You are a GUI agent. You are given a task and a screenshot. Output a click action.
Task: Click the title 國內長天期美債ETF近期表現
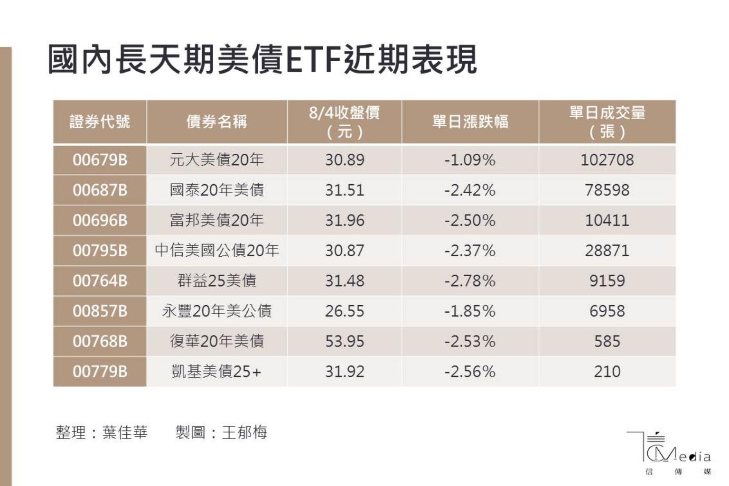pyautogui.click(x=262, y=60)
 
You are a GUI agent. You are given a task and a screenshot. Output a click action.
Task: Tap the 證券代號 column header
pyautogui.click(x=100, y=121)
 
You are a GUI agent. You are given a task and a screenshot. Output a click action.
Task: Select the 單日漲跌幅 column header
pyautogui.click(x=470, y=121)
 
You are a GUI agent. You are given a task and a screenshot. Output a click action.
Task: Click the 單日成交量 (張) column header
pyautogui.click(x=607, y=121)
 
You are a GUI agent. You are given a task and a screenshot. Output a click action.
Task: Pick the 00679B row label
pyautogui.click(x=100, y=159)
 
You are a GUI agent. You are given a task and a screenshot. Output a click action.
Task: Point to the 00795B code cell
pyautogui.click(x=100, y=250)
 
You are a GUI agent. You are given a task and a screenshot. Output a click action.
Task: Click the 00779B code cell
pyautogui.click(x=100, y=371)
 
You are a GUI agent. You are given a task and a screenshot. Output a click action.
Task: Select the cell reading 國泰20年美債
pyautogui.click(x=216, y=190)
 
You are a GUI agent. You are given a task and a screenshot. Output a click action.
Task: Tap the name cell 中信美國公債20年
pyautogui.click(x=216, y=250)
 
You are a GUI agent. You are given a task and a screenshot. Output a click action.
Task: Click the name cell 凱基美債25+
pyautogui.click(x=216, y=371)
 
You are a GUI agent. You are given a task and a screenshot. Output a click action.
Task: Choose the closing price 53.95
pyautogui.click(x=345, y=341)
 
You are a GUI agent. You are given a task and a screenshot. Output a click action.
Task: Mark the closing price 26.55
pyautogui.click(x=345, y=311)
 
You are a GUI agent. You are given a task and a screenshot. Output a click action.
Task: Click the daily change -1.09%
pyautogui.click(x=470, y=159)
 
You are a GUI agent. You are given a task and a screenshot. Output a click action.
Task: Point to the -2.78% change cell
pyautogui.click(x=470, y=280)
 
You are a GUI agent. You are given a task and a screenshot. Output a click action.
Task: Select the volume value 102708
pyautogui.click(x=607, y=159)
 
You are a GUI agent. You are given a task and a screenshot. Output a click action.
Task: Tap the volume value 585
pyautogui.click(x=607, y=341)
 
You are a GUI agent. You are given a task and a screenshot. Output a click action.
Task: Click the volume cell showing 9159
pyautogui.click(x=607, y=280)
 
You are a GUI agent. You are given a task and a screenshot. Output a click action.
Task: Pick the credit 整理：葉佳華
pyautogui.click(x=102, y=432)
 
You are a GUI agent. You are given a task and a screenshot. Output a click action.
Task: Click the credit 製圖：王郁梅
pyautogui.click(x=221, y=432)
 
